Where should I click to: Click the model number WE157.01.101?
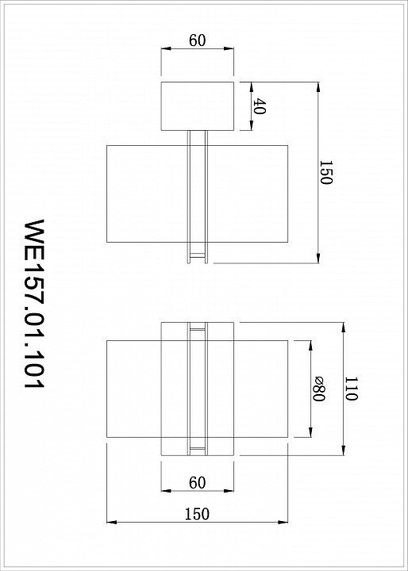pyautogui.click(x=34, y=304)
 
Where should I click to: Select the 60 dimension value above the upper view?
pyautogui.click(x=198, y=40)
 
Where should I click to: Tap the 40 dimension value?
pyautogui.click(x=259, y=106)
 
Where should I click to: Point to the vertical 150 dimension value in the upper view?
pyautogui.click(x=325, y=172)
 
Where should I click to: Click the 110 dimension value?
pyautogui.click(x=351, y=389)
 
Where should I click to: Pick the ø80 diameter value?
pyautogui.click(x=318, y=389)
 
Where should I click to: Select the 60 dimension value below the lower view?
pyautogui.click(x=198, y=483)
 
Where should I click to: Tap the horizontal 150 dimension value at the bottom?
pyautogui.click(x=197, y=514)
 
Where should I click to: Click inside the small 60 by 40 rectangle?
pyautogui.click(x=198, y=106)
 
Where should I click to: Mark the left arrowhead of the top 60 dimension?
pyautogui.click(x=166, y=48)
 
